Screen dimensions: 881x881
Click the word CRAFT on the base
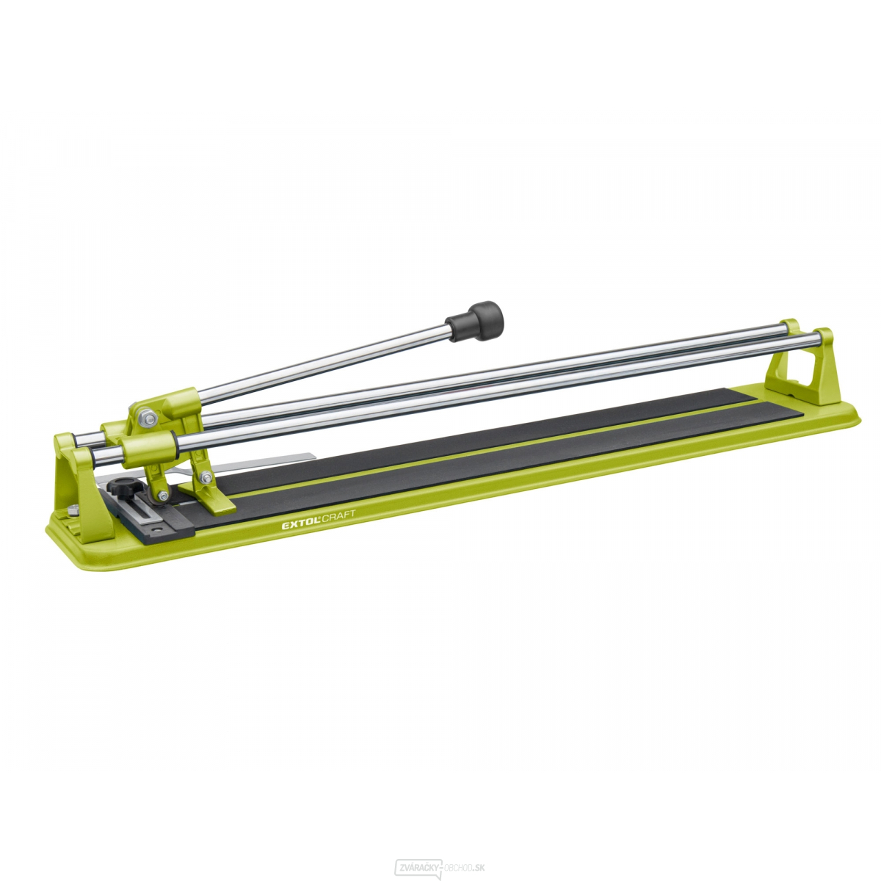click(337, 516)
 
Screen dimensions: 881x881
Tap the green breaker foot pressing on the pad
click(217, 500)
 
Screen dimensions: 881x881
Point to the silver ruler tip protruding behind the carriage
click(294, 460)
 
